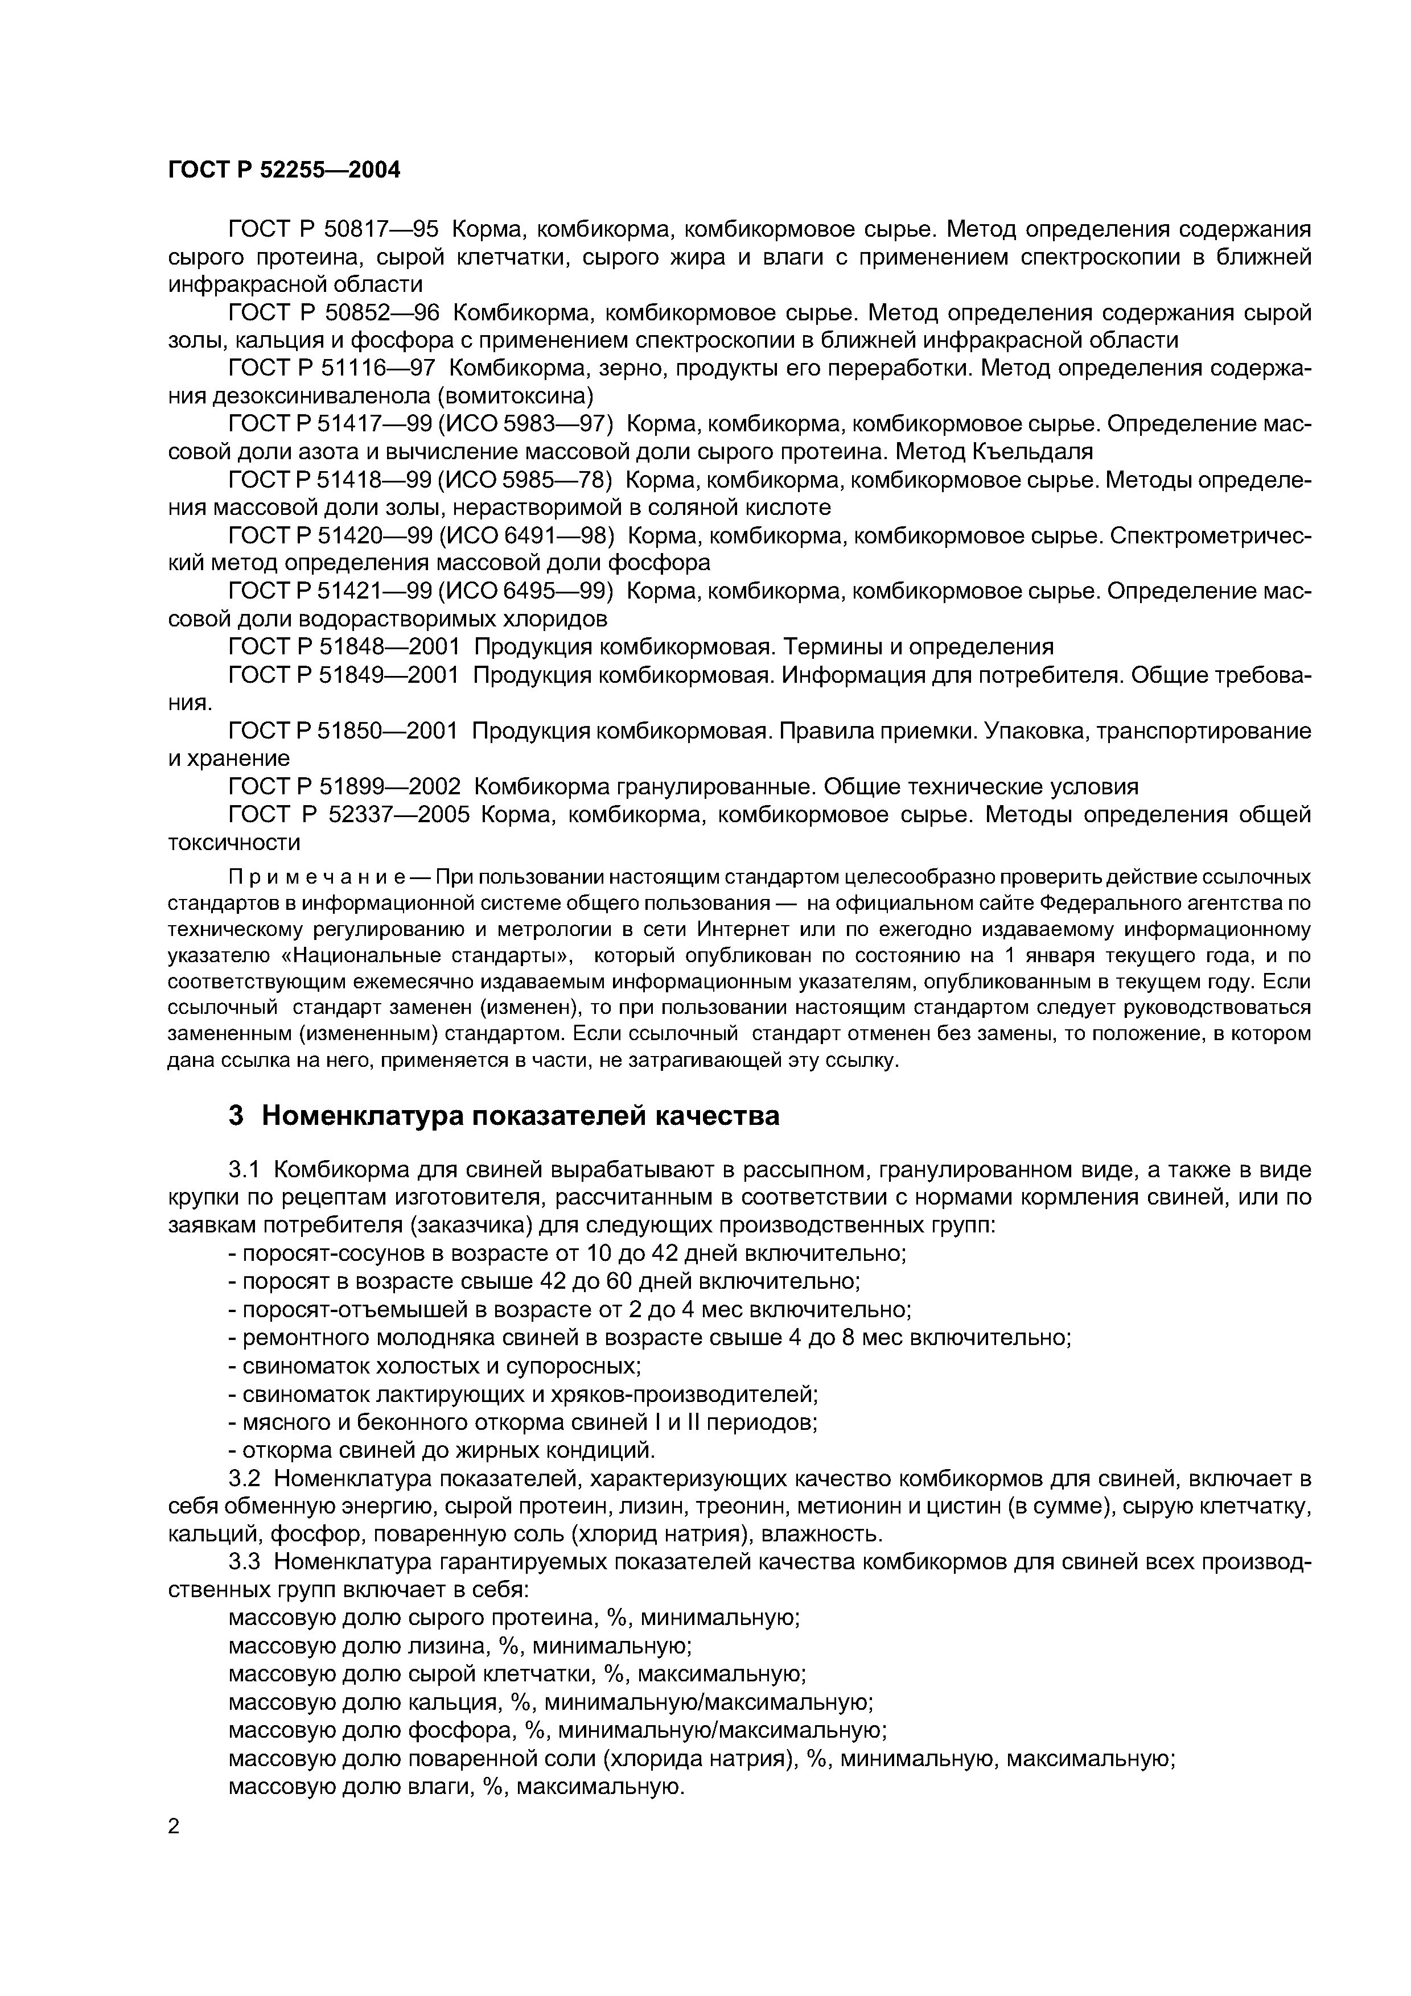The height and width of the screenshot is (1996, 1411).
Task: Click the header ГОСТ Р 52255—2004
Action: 283,170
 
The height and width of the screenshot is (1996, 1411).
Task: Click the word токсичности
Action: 234,843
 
